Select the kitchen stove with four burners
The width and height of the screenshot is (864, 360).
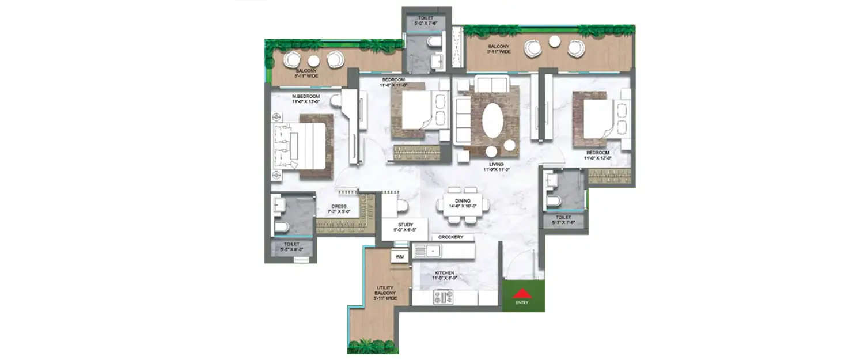[444, 298]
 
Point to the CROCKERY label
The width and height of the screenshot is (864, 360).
[451, 237]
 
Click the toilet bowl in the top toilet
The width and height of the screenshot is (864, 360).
[431, 43]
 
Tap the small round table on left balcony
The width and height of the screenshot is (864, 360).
[313, 61]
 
